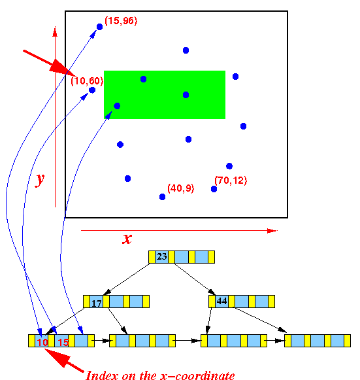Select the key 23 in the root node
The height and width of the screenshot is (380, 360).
162,256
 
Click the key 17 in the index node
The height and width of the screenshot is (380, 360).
96,303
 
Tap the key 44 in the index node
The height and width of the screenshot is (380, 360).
221,301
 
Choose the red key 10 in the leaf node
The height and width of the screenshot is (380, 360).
42,342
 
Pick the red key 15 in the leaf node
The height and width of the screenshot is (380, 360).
63,342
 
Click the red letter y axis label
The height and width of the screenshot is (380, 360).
40,180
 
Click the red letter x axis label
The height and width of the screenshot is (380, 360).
127,239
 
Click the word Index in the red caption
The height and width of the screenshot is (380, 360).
103,375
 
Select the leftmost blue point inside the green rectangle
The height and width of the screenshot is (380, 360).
117,106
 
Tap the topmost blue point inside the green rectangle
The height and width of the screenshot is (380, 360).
143,79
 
